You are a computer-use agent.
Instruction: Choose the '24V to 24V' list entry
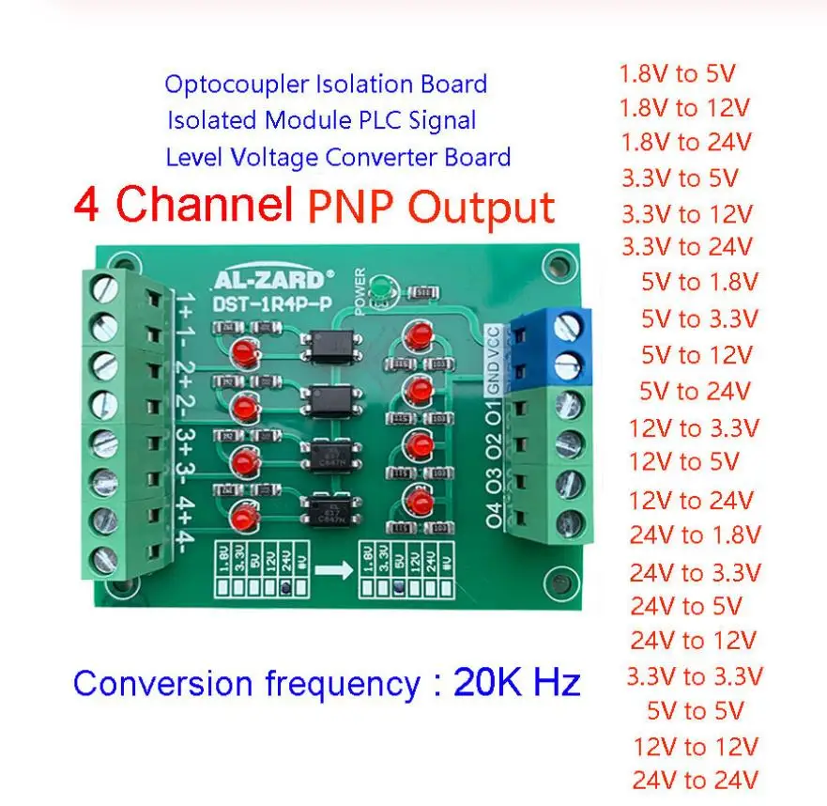click(x=695, y=780)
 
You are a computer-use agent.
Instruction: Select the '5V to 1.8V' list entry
click(x=699, y=283)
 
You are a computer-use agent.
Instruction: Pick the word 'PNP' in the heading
click(x=354, y=207)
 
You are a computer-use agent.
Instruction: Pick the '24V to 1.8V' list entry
click(x=695, y=535)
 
